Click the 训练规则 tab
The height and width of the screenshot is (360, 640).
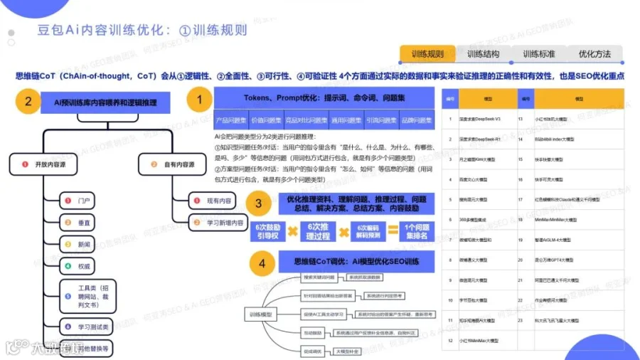click(x=427, y=54)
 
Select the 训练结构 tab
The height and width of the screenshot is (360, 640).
click(x=483, y=54)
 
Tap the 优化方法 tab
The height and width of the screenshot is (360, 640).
click(x=594, y=54)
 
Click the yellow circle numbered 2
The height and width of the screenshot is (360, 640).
click(x=28, y=102)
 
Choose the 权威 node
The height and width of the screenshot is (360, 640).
click(x=84, y=267)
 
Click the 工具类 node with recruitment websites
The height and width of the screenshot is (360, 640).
click(x=89, y=295)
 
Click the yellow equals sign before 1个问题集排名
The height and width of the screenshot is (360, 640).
click(x=393, y=231)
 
